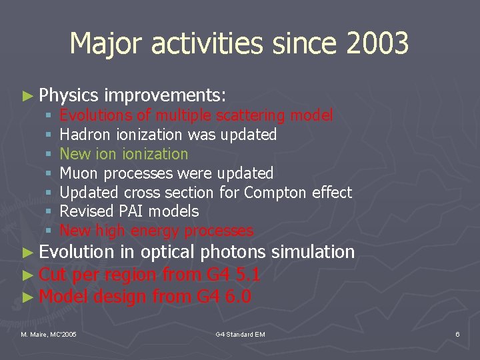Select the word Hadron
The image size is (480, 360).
[x=85, y=135]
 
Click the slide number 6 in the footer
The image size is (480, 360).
[x=457, y=333]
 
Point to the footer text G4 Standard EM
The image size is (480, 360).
[x=240, y=333]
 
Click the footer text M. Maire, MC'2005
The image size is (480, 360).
[x=49, y=333]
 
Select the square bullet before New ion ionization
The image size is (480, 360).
[x=49, y=155]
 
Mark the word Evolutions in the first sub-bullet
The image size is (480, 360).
[x=91, y=116]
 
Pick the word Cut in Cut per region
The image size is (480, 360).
[x=53, y=275]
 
